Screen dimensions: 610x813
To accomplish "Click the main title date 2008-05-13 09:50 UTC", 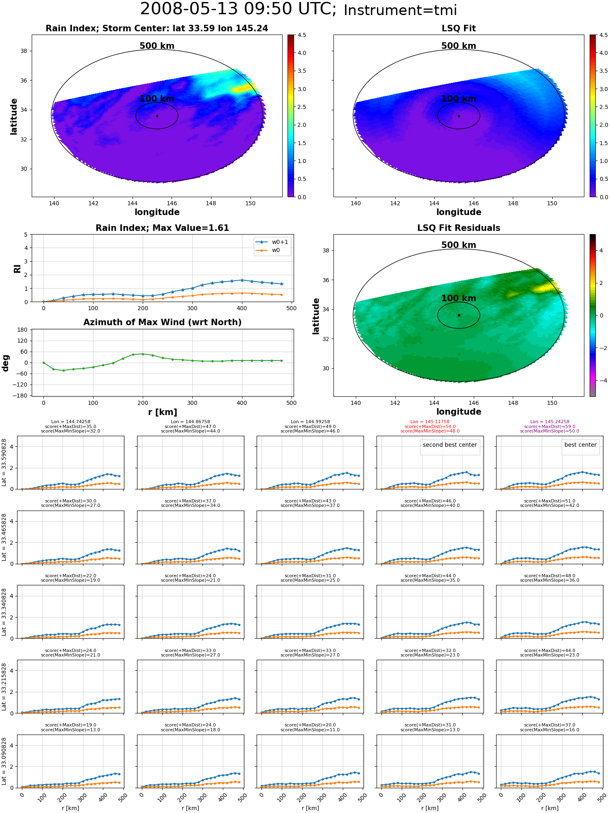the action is tap(238, 9).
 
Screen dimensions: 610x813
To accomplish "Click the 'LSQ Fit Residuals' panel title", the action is tap(459, 228).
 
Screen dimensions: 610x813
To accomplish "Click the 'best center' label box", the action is tap(580, 445).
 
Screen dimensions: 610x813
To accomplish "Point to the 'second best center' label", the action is tap(449, 445).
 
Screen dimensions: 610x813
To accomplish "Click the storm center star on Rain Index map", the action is tap(157, 116).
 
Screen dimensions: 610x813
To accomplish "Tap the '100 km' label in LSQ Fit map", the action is tap(459, 99).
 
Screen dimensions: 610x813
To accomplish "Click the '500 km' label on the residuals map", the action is tap(459, 245).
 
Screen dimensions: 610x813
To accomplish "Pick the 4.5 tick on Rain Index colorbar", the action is tap(302, 35).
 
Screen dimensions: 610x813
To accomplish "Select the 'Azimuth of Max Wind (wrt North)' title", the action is tap(162, 322).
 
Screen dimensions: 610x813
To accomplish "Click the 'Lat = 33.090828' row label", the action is tap(4, 761).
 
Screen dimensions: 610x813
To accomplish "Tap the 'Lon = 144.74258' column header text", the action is tap(71, 422).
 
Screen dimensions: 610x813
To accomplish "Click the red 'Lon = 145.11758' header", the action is tap(430, 422).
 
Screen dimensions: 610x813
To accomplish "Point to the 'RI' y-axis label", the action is tap(17, 268).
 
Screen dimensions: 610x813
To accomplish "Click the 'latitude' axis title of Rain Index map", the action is tap(14, 116).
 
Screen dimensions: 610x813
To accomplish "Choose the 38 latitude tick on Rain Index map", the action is tap(24, 51).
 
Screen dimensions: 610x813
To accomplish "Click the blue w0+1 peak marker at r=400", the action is tap(242, 280).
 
